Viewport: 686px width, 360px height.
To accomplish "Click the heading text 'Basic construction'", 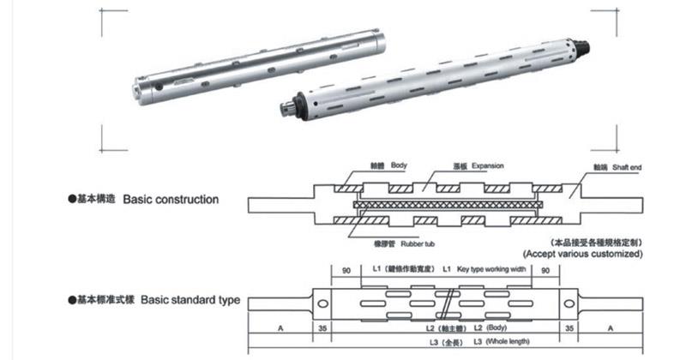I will (171, 199).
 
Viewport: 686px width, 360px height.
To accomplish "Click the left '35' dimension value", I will (322, 327).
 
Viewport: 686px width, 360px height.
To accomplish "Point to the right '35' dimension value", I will (569, 327).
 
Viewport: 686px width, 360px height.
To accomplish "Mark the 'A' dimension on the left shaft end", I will (280, 327).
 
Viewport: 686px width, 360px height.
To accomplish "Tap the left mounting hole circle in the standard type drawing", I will (323, 303).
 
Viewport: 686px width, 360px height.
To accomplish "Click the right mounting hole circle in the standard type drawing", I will (568, 303).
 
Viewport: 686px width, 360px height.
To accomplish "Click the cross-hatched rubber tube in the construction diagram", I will (445, 205).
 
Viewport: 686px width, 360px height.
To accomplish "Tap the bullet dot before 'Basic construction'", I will (72, 199).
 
